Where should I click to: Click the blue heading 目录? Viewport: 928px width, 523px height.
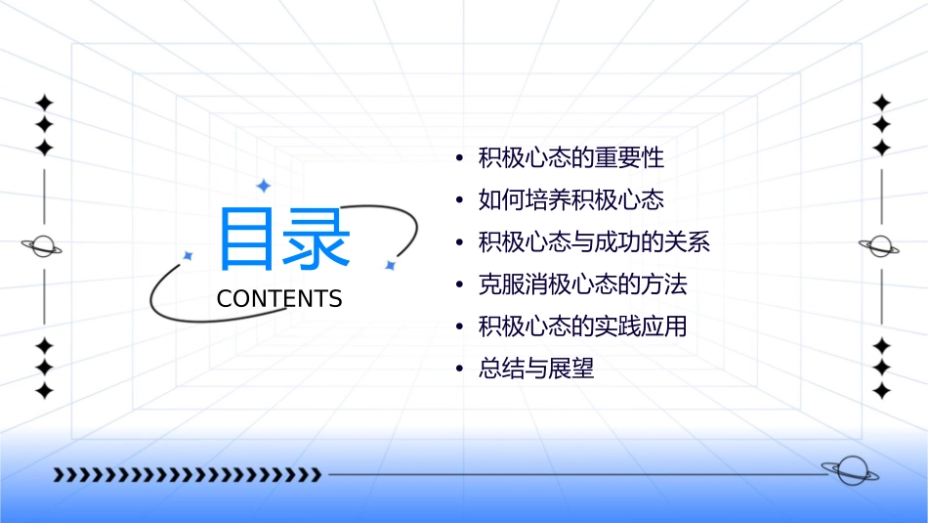284,239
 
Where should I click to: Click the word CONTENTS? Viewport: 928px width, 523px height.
279,299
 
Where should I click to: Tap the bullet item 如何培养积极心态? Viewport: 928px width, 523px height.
570,199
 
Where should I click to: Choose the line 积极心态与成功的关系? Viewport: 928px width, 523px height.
593,242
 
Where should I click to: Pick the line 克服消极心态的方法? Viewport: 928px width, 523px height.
582,284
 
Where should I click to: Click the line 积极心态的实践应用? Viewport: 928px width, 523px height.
582,327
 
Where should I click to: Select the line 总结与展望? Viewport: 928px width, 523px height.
536,369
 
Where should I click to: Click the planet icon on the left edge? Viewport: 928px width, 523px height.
43,246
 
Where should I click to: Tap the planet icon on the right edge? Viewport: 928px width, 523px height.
881,246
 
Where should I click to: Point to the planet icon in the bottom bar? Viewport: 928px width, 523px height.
848,471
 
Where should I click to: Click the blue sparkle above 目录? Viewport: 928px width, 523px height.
262,186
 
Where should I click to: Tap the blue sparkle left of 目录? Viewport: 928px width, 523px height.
189,255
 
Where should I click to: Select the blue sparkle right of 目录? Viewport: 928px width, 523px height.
389,265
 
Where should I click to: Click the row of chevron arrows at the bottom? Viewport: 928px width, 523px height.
187,475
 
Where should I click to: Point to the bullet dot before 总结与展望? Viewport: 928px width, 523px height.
458,370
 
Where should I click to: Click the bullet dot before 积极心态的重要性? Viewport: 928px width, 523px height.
458,158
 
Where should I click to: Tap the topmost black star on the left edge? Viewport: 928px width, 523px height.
43,102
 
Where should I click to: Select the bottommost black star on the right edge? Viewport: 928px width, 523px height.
881,391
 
